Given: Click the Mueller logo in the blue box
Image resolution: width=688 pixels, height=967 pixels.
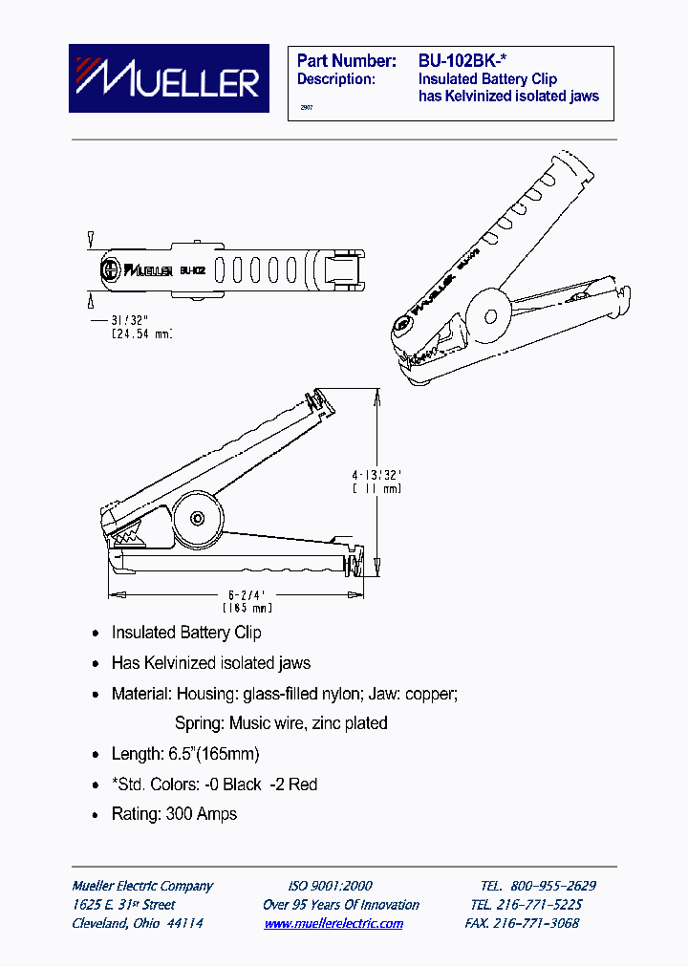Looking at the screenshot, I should pos(168,78).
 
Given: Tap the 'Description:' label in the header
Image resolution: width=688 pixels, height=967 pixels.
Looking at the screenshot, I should pos(335,78).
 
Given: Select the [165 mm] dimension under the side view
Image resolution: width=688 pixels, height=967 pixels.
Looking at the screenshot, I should pos(247,608).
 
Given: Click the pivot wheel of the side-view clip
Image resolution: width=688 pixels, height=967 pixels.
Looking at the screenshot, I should pos(197,519).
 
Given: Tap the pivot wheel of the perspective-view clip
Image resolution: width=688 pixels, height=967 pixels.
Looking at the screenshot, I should pos(487,312).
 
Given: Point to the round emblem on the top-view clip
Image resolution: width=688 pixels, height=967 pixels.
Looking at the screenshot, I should pos(111,269).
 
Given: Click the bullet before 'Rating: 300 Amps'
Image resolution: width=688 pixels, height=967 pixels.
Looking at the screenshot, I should pos(95,815).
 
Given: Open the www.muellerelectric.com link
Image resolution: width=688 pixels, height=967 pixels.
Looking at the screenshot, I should pos(333,924).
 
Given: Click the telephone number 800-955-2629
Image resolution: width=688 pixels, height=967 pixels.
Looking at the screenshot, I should pos(552,886).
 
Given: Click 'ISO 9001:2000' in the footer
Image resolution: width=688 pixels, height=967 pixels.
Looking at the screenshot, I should pos(330,886).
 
